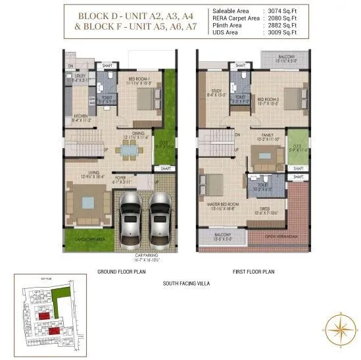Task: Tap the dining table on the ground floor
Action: (x=128, y=150)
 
